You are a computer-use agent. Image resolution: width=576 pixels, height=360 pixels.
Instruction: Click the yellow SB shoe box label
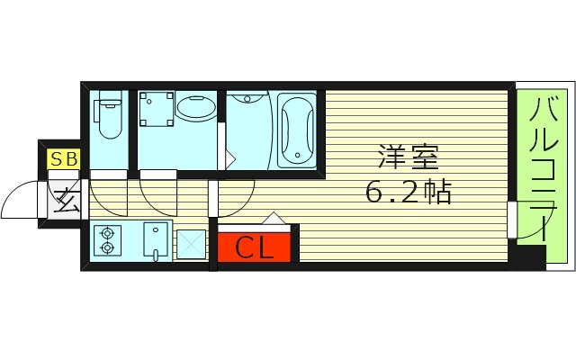click(64, 160)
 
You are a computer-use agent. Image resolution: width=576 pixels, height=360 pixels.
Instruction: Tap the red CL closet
click(254, 247)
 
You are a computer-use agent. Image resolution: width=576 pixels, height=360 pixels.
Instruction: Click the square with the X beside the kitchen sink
click(191, 243)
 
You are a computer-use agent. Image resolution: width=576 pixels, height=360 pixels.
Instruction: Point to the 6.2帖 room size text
click(408, 191)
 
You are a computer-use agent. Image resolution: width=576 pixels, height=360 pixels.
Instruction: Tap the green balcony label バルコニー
click(542, 171)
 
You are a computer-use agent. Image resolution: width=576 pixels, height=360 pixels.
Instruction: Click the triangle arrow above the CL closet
click(274, 219)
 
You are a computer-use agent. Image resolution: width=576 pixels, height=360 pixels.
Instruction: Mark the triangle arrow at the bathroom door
click(230, 159)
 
